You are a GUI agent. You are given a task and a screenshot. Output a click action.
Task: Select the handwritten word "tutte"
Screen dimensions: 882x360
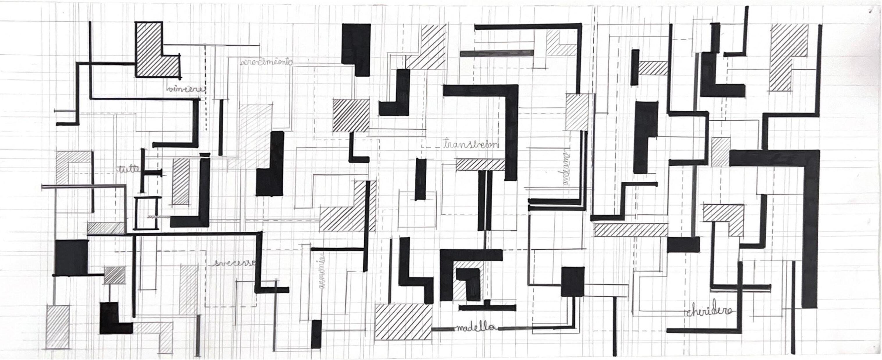point(128,169)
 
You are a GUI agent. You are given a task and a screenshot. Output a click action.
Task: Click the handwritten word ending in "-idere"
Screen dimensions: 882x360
point(709,311)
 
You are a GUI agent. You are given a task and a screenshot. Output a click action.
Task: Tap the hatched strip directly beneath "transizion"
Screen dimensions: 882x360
point(480,164)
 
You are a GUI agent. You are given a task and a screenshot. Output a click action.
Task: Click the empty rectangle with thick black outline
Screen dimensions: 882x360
point(147,213)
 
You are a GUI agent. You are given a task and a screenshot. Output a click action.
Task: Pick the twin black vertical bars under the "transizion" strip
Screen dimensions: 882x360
point(485,200)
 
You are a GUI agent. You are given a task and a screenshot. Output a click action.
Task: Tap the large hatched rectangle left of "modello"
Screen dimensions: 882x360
point(403,326)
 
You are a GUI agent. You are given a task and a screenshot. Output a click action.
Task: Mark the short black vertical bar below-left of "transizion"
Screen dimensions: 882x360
point(420,179)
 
